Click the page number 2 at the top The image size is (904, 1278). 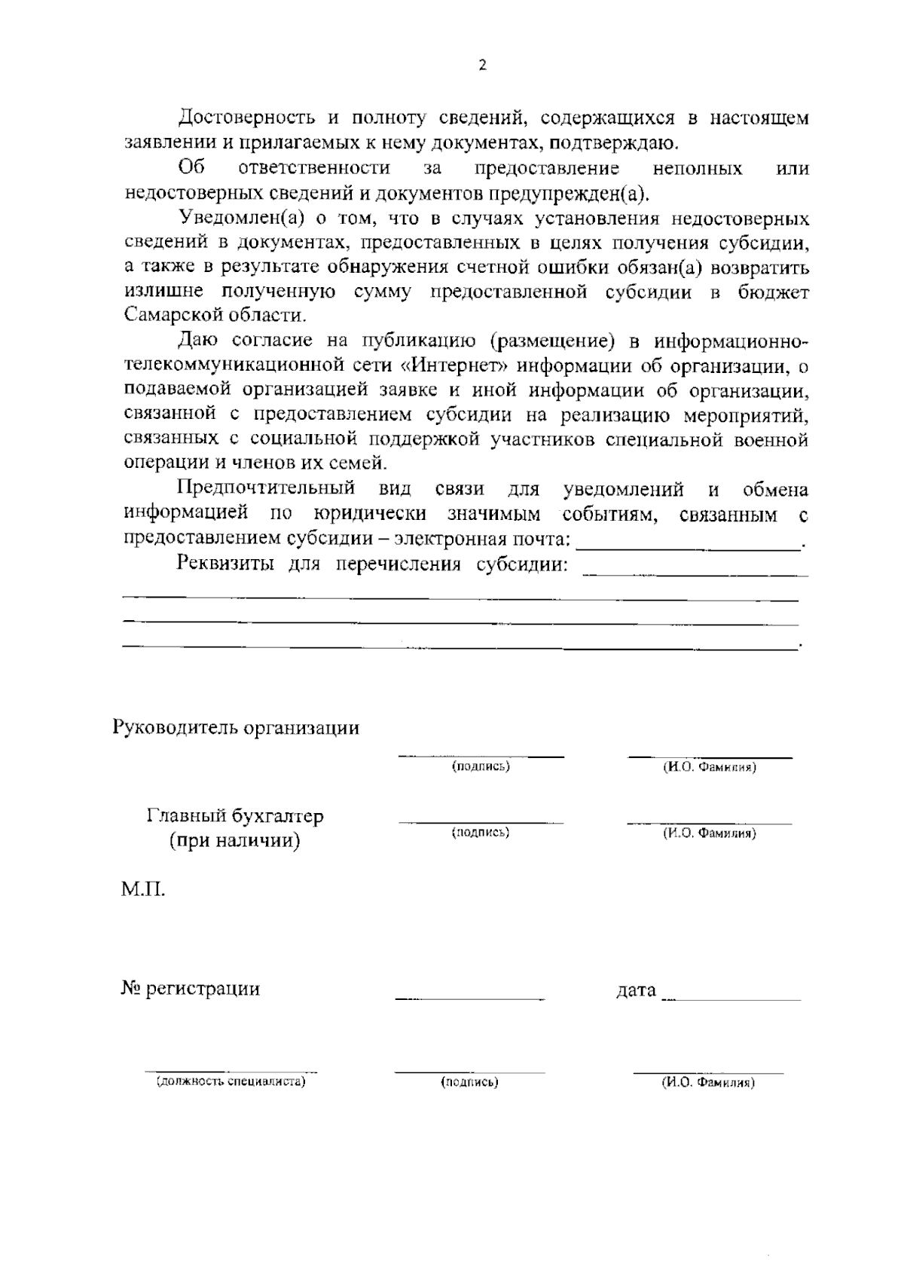pyautogui.click(x=482, y=65)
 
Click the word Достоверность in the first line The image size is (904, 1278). pyautogui.click(x=246, y=118)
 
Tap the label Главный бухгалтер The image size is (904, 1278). pyautogui.click(x=235, y=816)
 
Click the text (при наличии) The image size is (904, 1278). pyautogui.click(x=235, y=840)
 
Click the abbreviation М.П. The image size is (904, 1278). pyautogui.click(x=143, y=890)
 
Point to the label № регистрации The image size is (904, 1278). pyautogui.click(x=191, y=989)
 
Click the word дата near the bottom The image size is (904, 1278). pyautogui.click(x=636, y=990)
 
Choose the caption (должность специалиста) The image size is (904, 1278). pyautogui.click(x=231, y=1082)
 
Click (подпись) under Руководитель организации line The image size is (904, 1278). pyautogui.click(x=481, y=766)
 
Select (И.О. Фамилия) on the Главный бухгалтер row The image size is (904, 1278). pyautogui.click(x=709, y=833)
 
